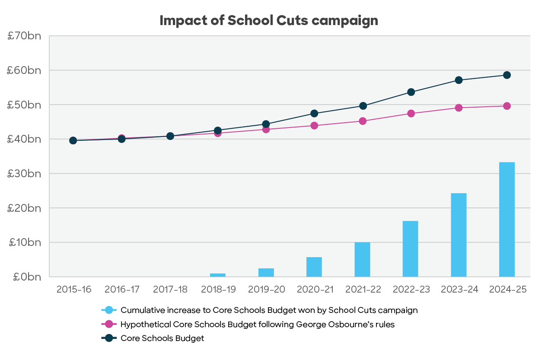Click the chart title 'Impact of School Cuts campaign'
(268, 21)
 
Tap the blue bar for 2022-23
(410, 249)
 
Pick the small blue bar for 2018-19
(217, 275)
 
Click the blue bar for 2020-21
(314, 267)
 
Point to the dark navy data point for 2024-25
(507, 75)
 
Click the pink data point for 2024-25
(507, 106)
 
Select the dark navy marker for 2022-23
(411, 92)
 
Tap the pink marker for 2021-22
(362, 121)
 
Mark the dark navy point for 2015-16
(73, 140)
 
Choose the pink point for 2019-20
(266, 129)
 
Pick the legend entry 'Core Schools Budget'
(162, 338)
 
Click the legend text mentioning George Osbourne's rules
(258, 324)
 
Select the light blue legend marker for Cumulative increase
(108, 310)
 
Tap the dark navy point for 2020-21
(314, 114)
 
